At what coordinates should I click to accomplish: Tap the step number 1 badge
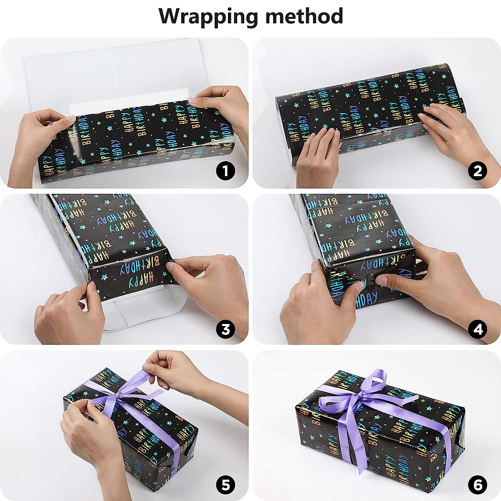pyautogui.click(x=225, y=171)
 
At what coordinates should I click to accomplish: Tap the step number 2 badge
pyautogui.click(x=478, y=171)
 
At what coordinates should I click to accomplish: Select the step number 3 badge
pyautogui.click(x=225, y=329)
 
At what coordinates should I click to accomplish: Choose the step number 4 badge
pyautogui.click(x=478, y=329)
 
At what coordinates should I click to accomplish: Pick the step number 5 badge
pyautogui.click(x=225, y=485)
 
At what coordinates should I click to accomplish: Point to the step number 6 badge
pyautogui.click(x=478, y=485)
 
